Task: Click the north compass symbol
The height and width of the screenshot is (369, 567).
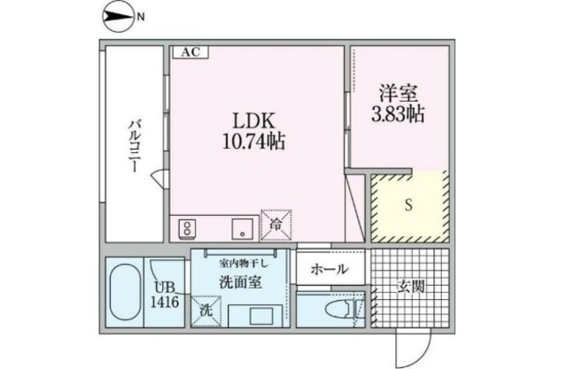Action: [118, 17]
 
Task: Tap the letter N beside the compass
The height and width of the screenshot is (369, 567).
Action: [140, 17]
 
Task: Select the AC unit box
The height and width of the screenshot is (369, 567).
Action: [190, 52]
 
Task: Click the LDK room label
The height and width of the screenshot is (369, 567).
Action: [253, 121]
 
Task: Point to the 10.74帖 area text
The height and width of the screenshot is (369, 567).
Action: [253, 142]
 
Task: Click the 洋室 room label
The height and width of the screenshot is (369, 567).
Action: [399, 93]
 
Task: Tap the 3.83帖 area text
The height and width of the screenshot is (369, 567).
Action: [398, 113]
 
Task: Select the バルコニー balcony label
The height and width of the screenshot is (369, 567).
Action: [134, 147]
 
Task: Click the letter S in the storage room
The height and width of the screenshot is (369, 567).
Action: [408, 205]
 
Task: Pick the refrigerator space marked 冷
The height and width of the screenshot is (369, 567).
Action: [276, 225]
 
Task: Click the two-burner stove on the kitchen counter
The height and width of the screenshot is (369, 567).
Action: [187, 228]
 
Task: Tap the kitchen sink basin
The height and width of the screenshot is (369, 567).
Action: [242, 228]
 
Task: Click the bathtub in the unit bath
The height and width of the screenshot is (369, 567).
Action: [125, 292]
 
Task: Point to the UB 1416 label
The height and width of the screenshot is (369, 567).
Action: [165, 295]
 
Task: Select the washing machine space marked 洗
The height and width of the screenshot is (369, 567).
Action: [206, 311]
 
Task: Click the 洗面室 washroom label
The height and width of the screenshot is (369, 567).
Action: [240, 282]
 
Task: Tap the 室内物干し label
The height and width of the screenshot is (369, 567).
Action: [244, 264]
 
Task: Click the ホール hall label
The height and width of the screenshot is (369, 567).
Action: [329, 269]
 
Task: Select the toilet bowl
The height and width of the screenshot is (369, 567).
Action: [337, 310]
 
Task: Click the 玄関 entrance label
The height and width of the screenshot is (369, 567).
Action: [410, 288]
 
